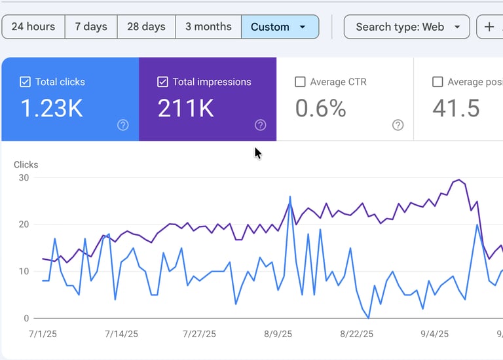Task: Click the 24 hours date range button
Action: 33,27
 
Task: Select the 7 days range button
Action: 91,27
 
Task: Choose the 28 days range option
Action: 146,27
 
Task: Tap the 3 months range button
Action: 208,27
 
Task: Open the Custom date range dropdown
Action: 280,27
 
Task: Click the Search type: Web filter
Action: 407,27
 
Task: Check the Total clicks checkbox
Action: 26,82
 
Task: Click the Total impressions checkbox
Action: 163,82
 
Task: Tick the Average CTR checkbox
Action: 301,82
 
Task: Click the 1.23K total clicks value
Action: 52,109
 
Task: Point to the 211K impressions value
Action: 186,109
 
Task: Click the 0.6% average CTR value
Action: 320,109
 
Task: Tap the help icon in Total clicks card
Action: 122,125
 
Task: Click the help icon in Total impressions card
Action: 260,125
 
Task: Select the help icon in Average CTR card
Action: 398,125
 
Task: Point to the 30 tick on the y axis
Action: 25,177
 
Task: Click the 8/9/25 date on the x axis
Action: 278,334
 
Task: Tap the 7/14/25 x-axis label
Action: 121,334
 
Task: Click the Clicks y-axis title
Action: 26,165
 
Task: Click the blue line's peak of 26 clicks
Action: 290,196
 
